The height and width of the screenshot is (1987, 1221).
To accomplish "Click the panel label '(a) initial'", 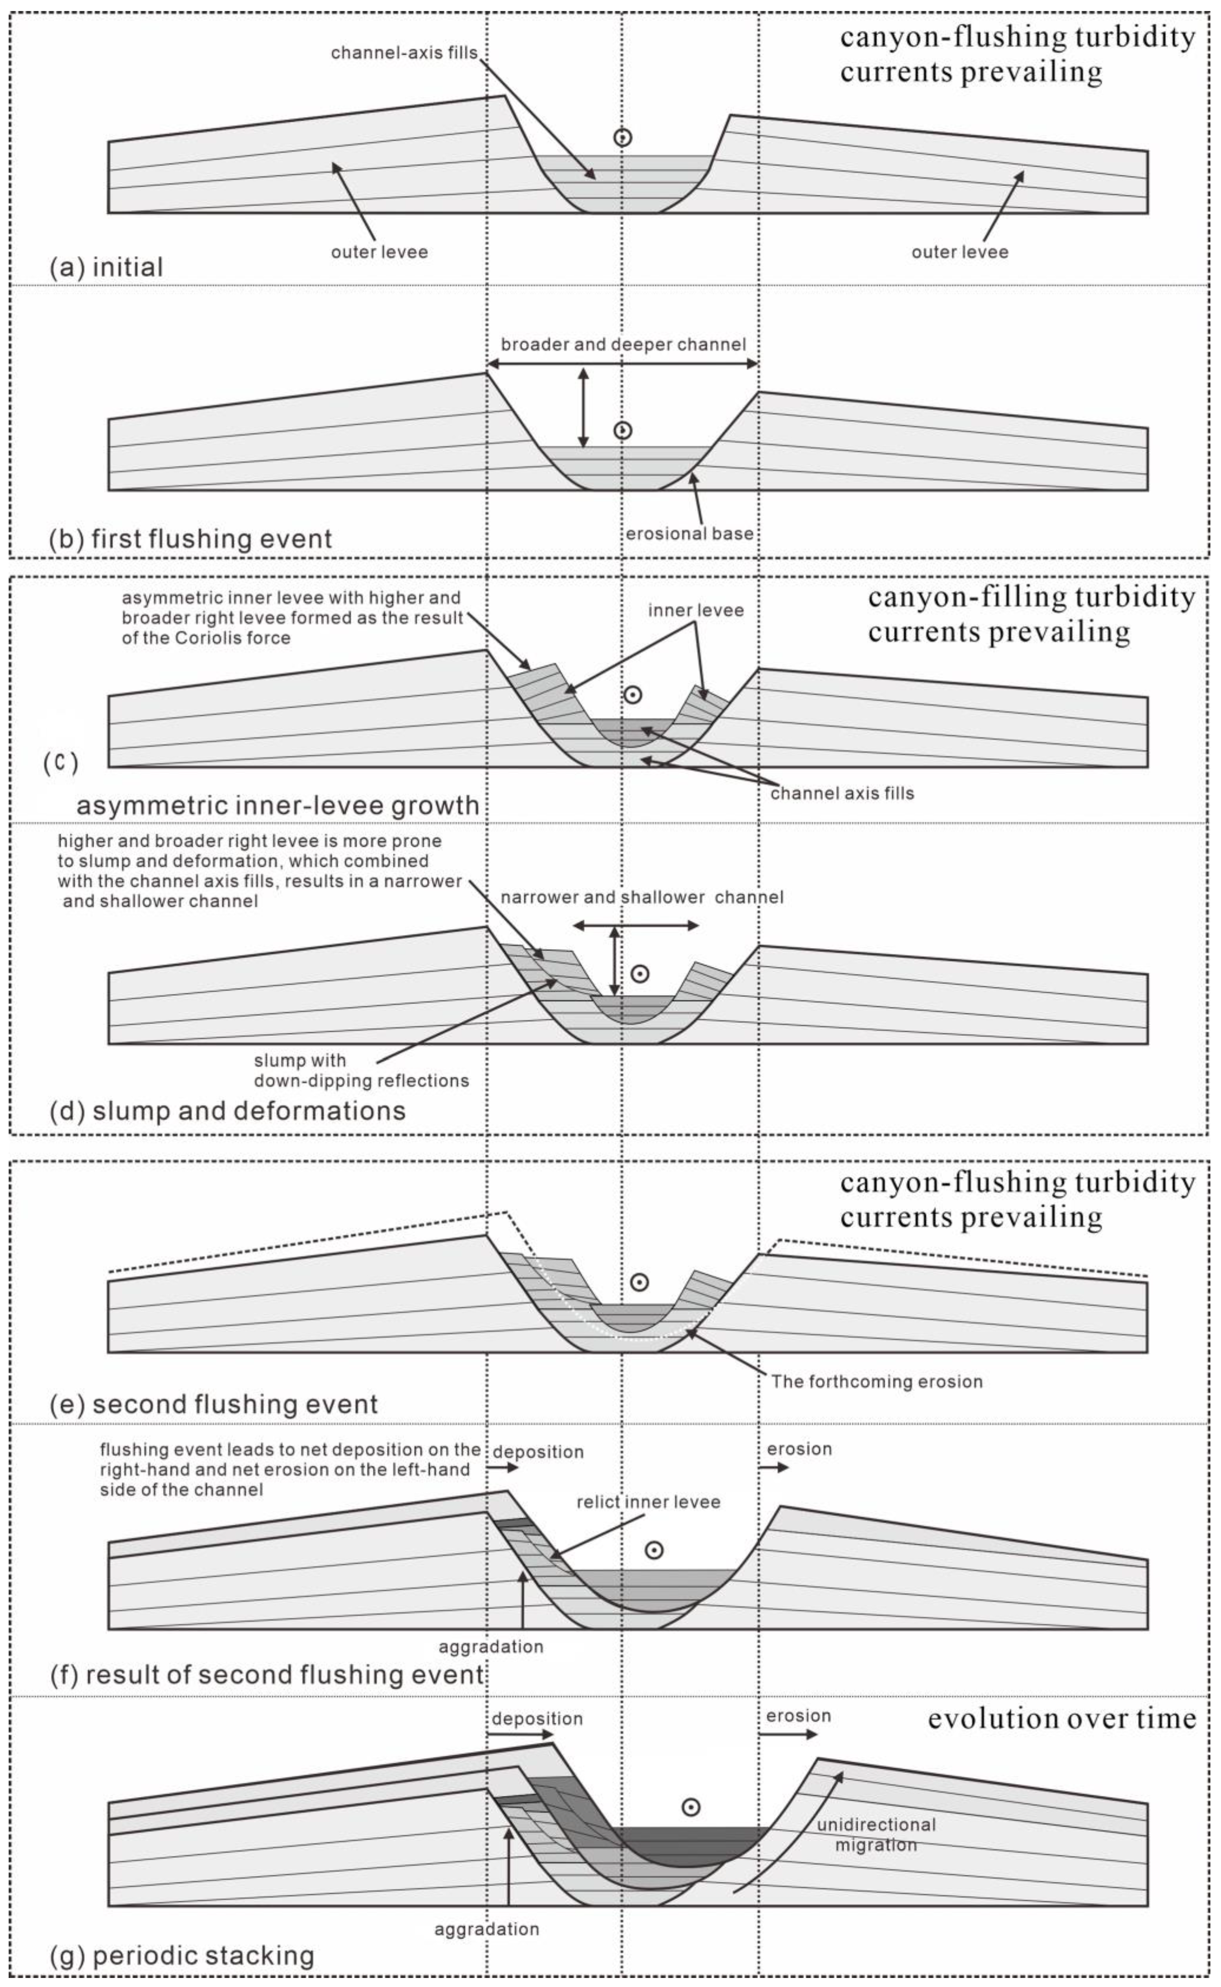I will coord(106,267).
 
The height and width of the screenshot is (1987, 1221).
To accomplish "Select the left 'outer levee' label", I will coord(379,252).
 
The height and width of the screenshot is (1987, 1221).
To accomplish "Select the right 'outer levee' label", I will coord(960,252).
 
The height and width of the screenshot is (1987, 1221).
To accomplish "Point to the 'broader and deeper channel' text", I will coord(623,345).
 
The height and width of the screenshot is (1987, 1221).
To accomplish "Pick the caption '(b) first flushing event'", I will coord(190,539).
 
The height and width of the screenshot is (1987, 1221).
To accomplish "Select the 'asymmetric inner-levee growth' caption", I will coord(277,805).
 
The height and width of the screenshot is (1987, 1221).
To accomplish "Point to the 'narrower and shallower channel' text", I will coord(642,897).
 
